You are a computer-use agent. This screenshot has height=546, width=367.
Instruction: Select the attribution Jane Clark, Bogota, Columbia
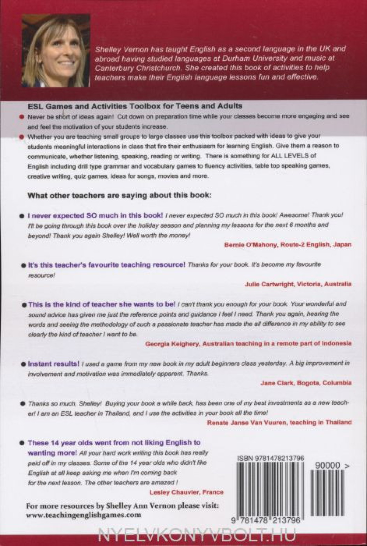click(306, 383)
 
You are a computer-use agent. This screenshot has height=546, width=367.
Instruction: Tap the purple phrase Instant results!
click(53, 364)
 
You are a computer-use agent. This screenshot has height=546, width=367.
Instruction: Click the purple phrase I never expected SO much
click(95, 216)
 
